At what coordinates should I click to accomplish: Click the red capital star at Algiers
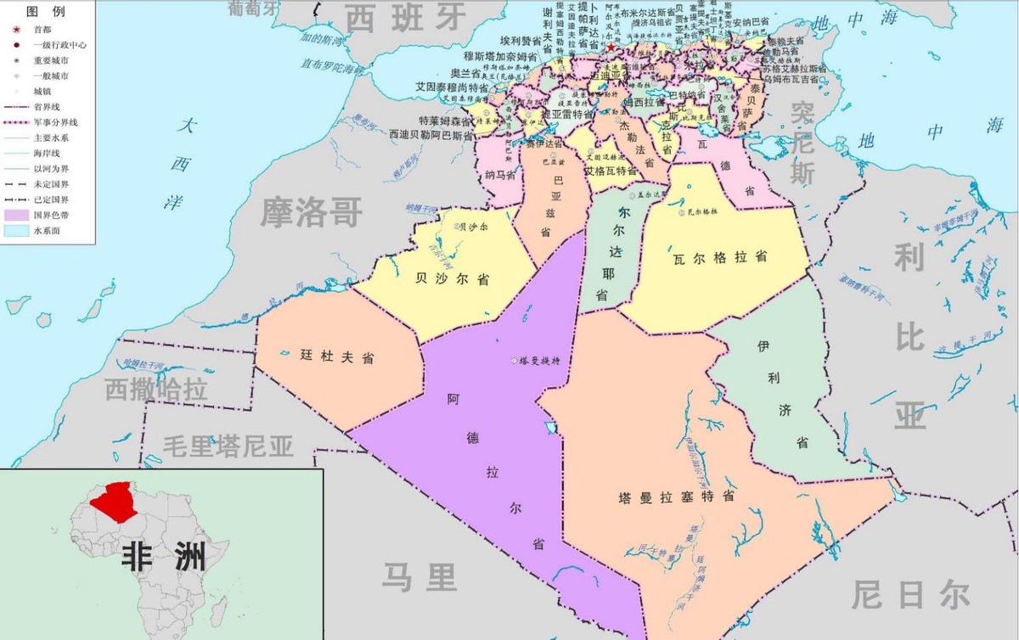pos(610,48)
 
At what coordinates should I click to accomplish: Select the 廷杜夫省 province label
pos(336,357)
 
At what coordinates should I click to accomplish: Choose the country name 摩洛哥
pos(312,211)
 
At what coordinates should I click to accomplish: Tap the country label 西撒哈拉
pos(156,390)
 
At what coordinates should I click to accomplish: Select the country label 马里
pos(419,577)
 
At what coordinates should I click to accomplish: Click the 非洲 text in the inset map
pos(164,556)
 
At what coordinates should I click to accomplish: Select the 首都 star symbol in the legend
pos(16,29)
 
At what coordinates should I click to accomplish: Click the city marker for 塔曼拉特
pos(515,362)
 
